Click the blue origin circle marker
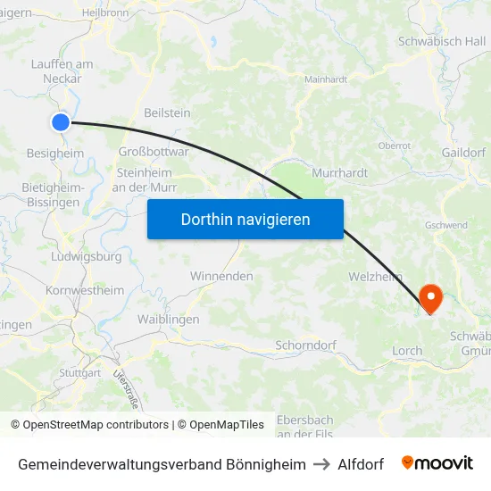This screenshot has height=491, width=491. coord(61,122)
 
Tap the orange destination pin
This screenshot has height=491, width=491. coord(430,297)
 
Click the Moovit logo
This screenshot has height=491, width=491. coord(437,463)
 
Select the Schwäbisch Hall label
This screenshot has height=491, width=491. coord(442,41)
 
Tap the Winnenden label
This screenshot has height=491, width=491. coord(221,276)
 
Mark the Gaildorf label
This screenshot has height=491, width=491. coord(462,152)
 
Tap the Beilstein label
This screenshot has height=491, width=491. coord(167,112)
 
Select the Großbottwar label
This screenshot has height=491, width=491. coord(154,152)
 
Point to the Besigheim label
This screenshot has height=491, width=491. coord(55,153)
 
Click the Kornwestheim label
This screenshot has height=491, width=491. coord(85,290)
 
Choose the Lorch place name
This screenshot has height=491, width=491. coord(407,351)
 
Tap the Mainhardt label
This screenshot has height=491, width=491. coord(325,79)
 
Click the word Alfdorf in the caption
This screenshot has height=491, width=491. coord(361,464)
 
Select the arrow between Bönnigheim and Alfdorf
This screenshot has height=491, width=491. coord(321,464)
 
